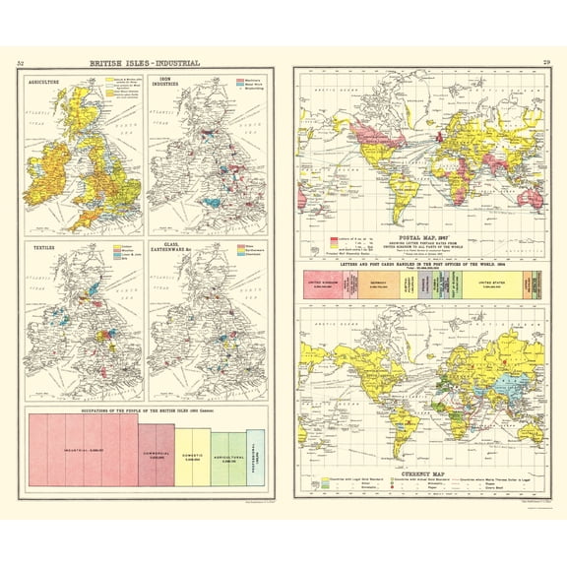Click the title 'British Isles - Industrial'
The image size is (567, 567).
145,64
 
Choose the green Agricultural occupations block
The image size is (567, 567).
226,459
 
